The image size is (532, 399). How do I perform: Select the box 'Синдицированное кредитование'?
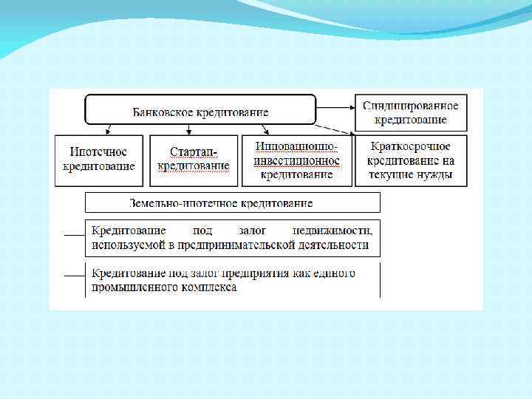[x=410, y=112]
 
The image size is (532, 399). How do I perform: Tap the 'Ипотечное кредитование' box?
[x=99, y=160]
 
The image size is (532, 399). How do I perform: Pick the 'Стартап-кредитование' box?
[x=194, y=160]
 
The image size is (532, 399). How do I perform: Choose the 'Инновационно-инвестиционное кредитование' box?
[x=296, y=160]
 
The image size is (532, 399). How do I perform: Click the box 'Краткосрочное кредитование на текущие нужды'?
[x=411, y=160]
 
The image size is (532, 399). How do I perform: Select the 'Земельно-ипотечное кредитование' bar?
[x=232, y=202]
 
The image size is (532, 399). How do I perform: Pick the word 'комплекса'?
[x=209, y=287]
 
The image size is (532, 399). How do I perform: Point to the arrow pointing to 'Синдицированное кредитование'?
[x=336, y=103]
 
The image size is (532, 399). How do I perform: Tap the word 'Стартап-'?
[x=194, y=151]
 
